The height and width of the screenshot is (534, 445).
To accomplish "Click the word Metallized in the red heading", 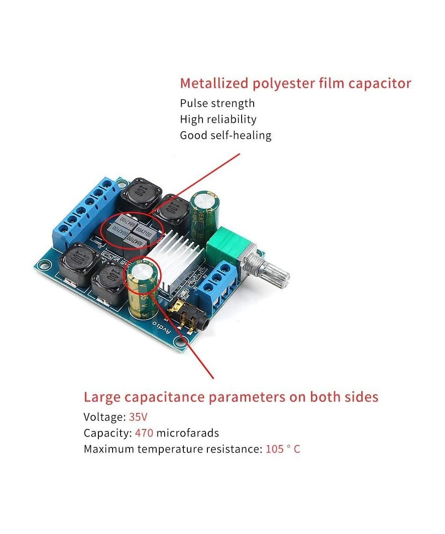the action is click(214, 83).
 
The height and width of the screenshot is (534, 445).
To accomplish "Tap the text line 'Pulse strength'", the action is click(218, 103).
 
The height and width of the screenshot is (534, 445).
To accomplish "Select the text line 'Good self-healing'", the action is click(226, 135).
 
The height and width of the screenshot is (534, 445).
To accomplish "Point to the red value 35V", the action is click(138, 417).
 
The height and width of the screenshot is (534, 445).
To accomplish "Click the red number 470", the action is click(144, 433).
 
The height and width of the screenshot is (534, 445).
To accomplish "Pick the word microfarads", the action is click(187, 433).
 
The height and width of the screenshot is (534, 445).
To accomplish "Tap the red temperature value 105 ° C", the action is click(283, 449).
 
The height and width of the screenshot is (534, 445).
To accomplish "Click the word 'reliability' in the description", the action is click(231, 119).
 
